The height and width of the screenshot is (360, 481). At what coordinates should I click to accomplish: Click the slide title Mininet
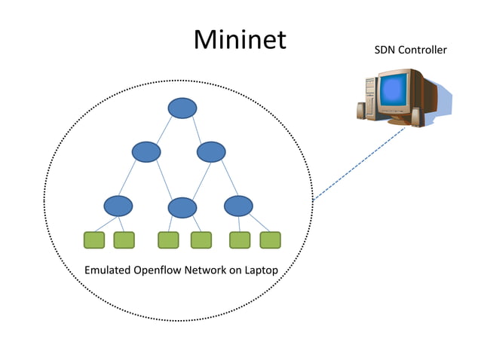240,40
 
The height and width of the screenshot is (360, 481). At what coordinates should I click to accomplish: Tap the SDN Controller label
410,50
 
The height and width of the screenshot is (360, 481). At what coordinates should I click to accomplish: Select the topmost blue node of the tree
182,108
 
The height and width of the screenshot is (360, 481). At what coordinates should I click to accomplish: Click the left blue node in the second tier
146,152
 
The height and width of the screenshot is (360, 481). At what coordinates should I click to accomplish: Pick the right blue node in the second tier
211,152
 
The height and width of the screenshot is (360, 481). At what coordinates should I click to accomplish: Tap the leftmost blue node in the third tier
118,205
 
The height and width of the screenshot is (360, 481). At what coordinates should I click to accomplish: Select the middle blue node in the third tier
182,207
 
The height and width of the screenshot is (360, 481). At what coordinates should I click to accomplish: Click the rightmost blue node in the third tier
238,205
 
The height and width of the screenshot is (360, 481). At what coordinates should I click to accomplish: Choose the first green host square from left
93,240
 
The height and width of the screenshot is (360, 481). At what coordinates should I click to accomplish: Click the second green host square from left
124,240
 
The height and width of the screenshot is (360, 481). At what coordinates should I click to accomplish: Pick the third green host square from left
168,240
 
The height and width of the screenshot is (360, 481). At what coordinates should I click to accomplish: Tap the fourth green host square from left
201,240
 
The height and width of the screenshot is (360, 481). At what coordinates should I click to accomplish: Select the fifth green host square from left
240,240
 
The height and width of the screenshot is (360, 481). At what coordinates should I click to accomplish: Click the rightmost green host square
270,240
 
